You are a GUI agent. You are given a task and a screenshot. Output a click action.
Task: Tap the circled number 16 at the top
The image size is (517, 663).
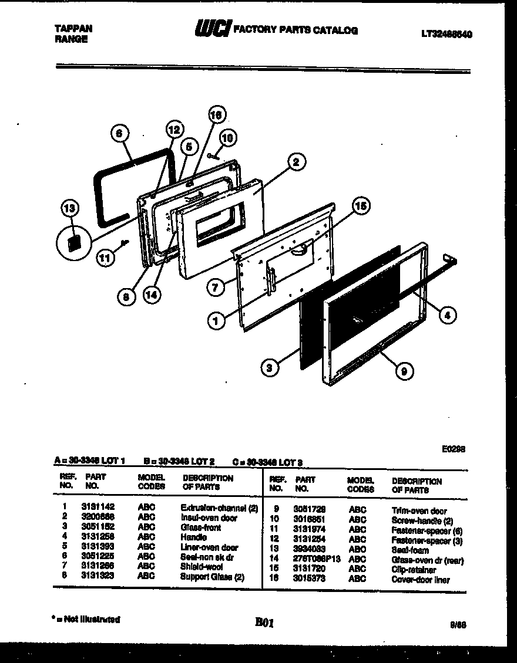pos(216,116)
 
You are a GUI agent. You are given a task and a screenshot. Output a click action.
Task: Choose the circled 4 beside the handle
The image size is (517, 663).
pos(447,315)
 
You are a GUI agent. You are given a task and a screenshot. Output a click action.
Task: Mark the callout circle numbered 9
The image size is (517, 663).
pos(405,370)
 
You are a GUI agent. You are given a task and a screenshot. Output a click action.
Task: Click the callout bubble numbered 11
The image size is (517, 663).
pos(106,258)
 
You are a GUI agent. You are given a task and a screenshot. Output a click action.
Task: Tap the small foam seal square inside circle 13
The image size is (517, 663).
pos(73,243)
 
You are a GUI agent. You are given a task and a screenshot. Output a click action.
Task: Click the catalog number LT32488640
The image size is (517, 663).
pos(446,34)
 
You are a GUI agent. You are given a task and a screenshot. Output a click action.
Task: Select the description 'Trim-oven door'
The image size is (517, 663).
pos(419,511)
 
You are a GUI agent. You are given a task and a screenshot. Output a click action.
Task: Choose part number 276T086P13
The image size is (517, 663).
pos(317,560)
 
